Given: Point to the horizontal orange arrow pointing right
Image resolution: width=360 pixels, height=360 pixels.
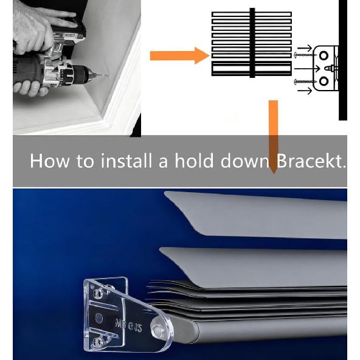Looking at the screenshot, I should click(x=179, y=57).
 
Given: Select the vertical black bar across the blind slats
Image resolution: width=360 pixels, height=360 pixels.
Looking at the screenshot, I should click(x=251, y=43).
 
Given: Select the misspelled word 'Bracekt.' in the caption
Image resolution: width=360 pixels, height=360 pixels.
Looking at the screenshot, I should click(x=311, y=161).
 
